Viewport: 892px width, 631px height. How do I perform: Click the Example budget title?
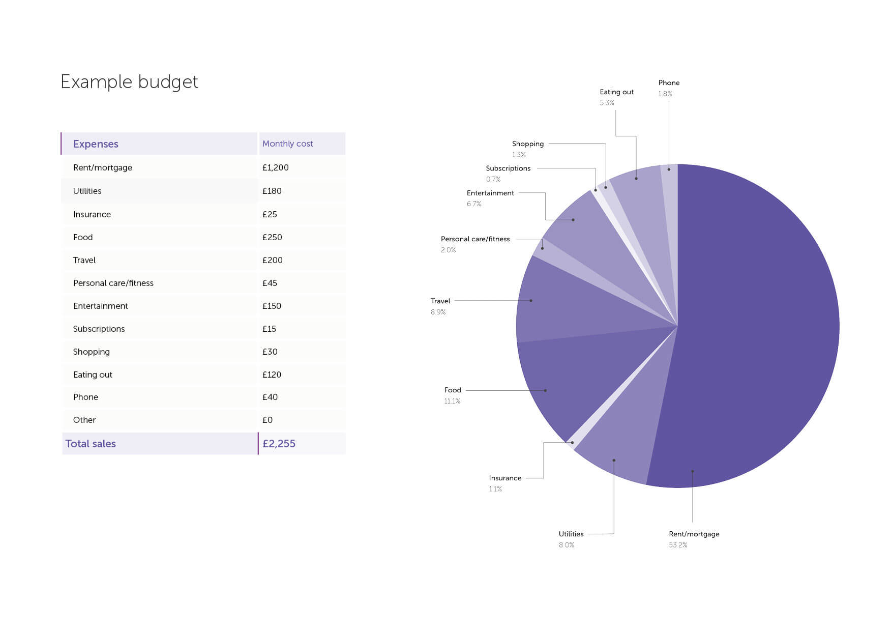pos(129,82)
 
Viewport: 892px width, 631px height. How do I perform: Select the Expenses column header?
pos(96,144)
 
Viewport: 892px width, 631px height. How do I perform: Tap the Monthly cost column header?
pos(287,144)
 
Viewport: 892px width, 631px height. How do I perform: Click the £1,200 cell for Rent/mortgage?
pos(275,167)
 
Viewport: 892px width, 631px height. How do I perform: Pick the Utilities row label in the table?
pos(87,191)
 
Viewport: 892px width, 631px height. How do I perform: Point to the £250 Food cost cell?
pos(272,237)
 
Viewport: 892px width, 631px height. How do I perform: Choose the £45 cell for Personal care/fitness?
pos(270,283)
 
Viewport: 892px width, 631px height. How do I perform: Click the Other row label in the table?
pos(84,420)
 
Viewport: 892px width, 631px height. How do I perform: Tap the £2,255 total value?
pos(279,444)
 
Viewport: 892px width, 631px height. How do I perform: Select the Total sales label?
pos(91,444)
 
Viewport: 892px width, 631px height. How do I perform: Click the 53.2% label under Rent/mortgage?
pos(678,545)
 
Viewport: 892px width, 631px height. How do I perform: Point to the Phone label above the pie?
pos(669,83)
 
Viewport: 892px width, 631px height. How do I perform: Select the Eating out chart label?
pos(616,92)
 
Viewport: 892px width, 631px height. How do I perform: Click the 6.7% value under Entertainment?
pos(474,204)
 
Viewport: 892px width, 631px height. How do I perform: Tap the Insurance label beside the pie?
pos(505,478)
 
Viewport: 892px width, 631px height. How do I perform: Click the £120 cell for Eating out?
pos(272,375)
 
